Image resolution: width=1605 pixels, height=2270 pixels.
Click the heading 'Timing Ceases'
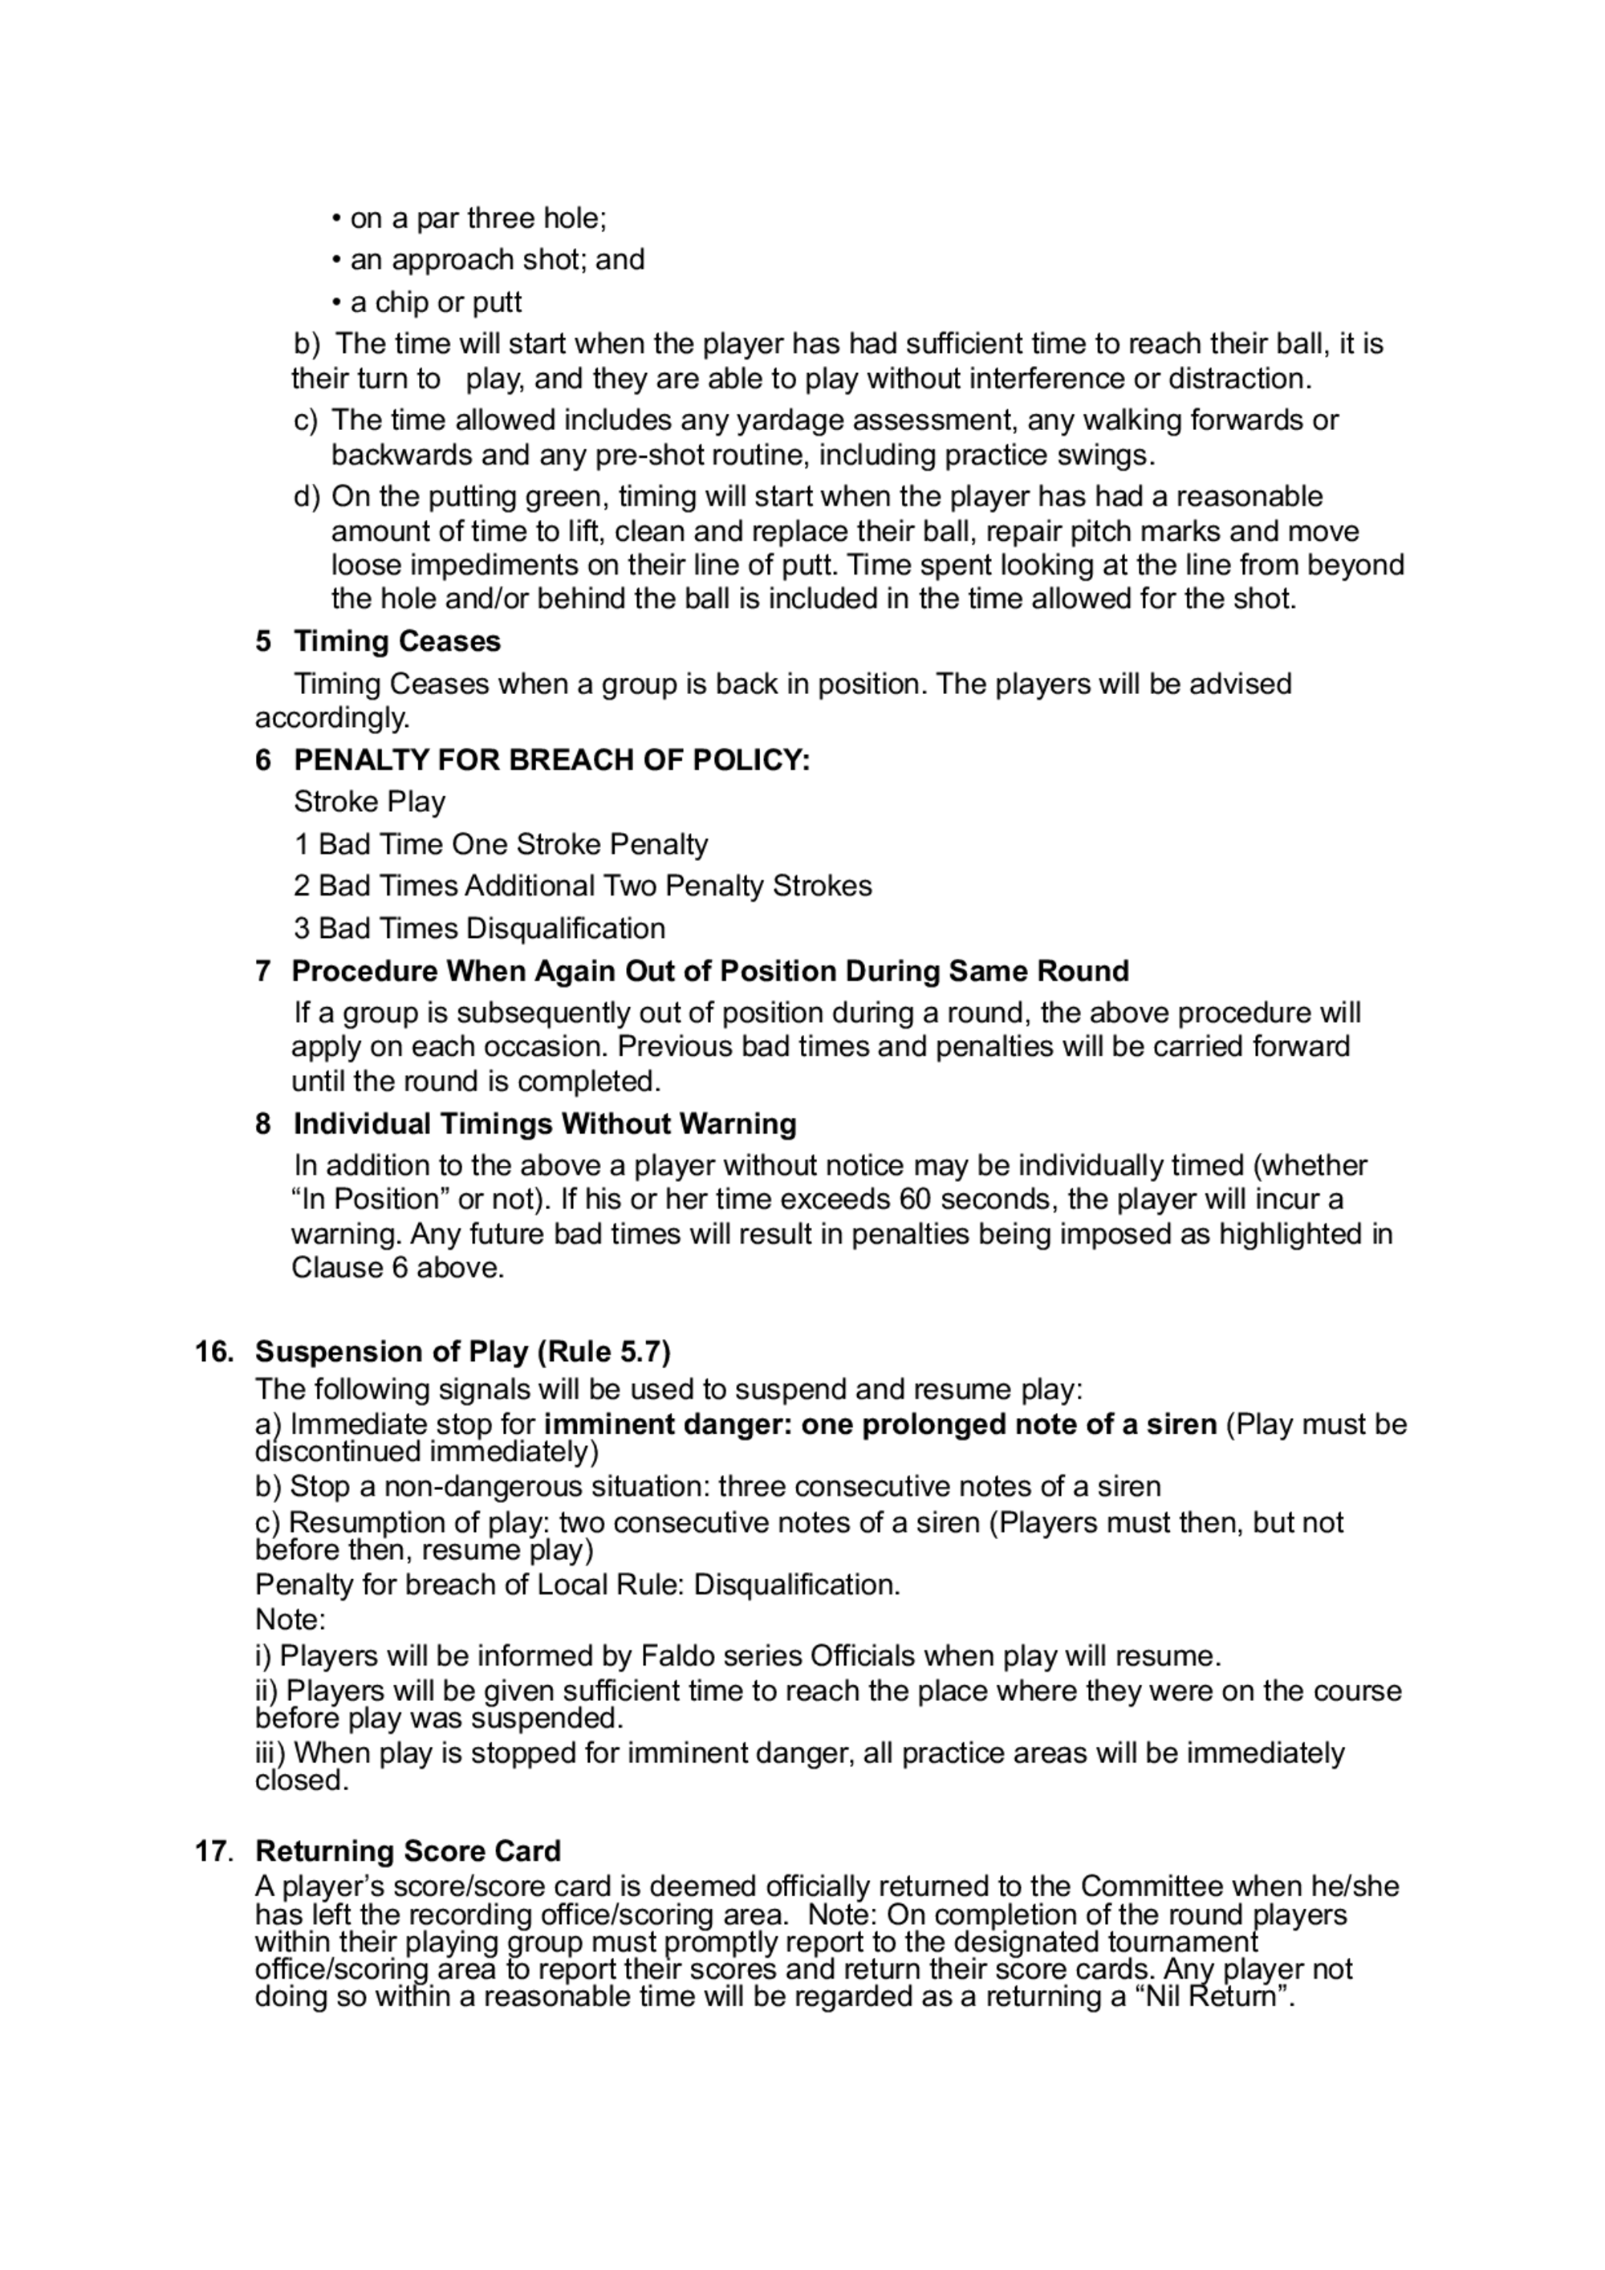(x=396, y=642)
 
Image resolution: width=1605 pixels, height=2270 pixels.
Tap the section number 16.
(x=213, y=1351)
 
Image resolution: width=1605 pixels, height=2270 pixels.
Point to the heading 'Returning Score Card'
(x=408, y=1851)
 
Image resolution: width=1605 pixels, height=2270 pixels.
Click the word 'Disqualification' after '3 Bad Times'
(x=565, y=928)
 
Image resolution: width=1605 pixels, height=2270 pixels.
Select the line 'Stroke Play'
(x=369, y=802)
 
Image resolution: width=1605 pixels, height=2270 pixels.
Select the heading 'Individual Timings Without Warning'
(x=545, y=1123)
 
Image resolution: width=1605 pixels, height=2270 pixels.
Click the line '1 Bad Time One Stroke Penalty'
(x=501, y=844)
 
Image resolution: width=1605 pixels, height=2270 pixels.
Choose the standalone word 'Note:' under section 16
(x=291, y=1619)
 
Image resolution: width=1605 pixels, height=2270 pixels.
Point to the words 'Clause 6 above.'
(x=397, y=1268)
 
